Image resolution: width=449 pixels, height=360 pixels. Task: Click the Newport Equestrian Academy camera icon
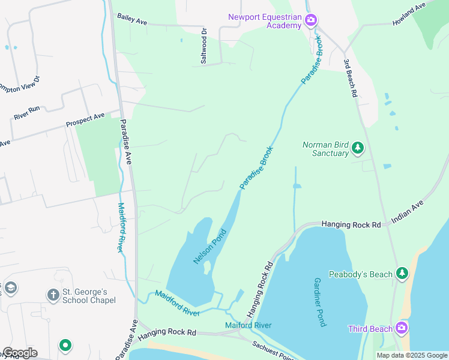tap(311, 21)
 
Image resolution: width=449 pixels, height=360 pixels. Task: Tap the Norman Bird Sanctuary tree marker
tap(358, 148)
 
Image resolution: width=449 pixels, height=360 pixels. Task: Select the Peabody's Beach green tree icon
tap(402, 274)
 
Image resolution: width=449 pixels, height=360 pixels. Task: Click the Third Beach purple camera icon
tap(402, 328)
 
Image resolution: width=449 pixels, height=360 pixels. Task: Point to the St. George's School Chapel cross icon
tap(53, 295)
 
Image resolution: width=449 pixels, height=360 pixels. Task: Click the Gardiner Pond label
tap(319, 302)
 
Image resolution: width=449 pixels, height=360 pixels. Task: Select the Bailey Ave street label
tap(132, 20)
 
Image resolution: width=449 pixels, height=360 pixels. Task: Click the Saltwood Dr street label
tap(203, 47)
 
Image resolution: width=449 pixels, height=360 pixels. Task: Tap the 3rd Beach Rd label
tap(351, 78)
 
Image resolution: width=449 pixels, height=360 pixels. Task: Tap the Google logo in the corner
tap(19, 353)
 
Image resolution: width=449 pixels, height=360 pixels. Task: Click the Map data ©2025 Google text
tap(412, 355)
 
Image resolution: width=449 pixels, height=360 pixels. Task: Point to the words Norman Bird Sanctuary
tap(325, 149)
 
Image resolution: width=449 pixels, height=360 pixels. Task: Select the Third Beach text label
tap(371, 329)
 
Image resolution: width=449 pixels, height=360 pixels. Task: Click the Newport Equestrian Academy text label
tap(265, 21)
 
